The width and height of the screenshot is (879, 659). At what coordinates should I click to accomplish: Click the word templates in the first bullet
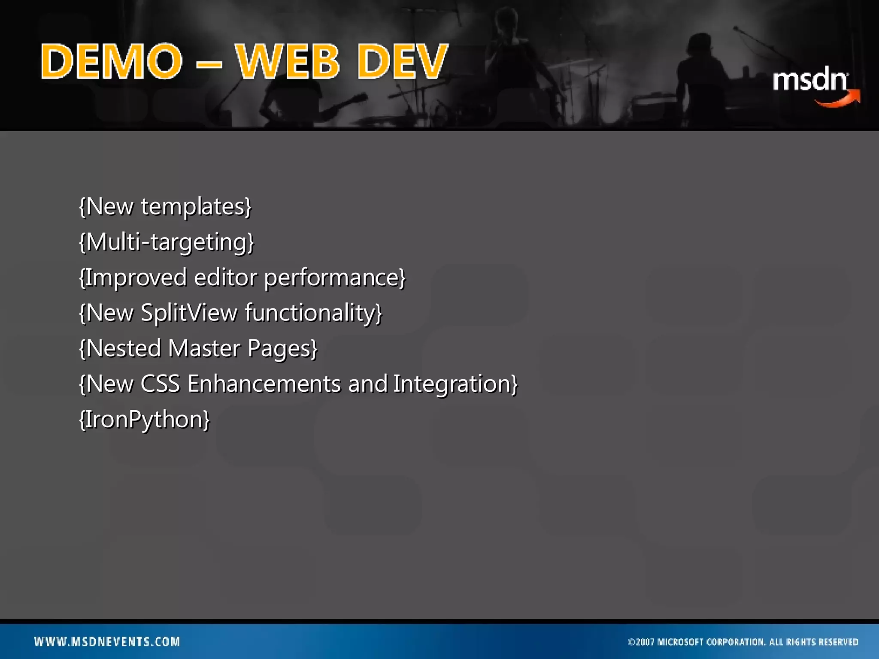click(x=196, y=207)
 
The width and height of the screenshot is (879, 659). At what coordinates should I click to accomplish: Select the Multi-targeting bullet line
click(x=167, y=242)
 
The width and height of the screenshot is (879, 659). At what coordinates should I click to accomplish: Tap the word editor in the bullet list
click(x=225, y=278)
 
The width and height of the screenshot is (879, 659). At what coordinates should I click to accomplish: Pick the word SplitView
click(x=189, y=313)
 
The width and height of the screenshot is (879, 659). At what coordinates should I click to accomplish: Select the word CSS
click(x=160, y=384)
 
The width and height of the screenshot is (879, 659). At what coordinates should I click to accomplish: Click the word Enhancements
click(x=264, y=384)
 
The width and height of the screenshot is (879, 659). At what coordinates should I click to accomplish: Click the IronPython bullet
click(x=145, y=419)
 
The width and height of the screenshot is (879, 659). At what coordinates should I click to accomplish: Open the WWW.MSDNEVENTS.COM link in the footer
click(x=107, y=641)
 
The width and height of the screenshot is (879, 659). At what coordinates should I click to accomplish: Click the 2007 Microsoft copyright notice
click(x=743, y=642)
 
